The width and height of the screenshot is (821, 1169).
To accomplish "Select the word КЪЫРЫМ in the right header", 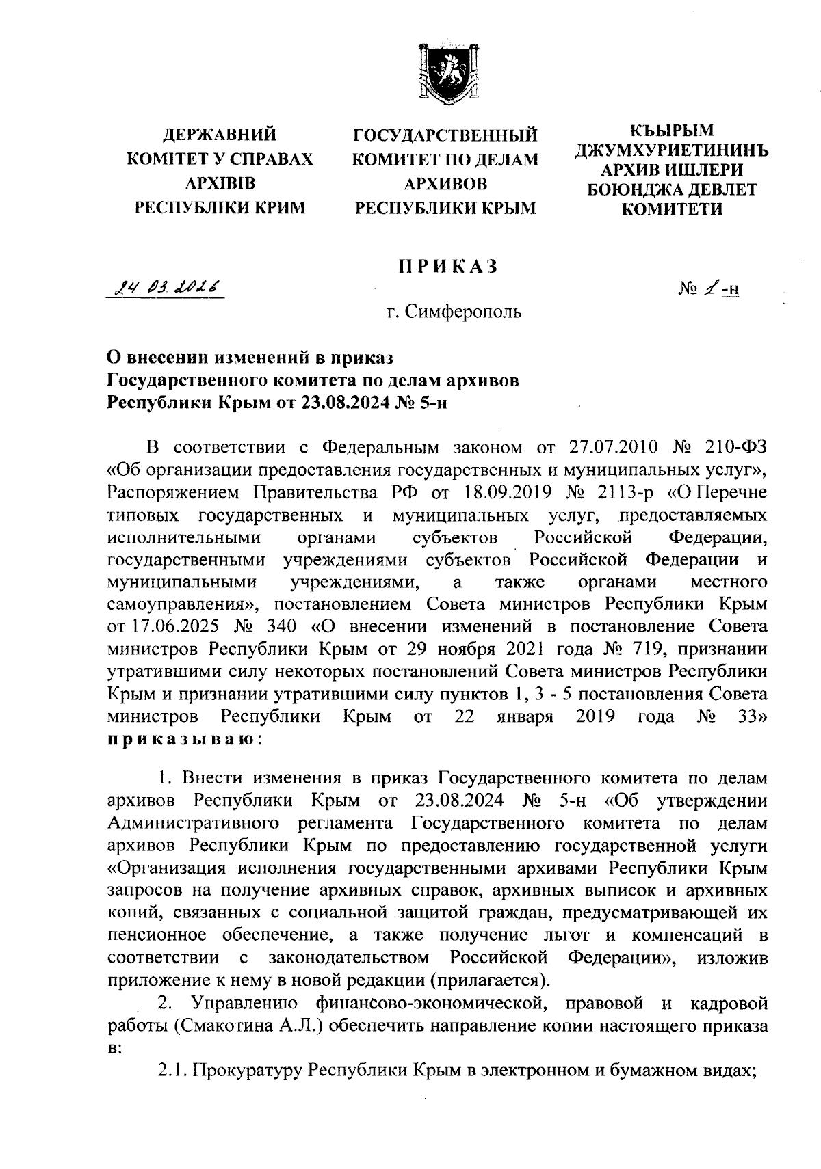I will (x=672, y=130).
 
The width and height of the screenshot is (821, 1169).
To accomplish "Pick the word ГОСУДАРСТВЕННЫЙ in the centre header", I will (x=445, y=134).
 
